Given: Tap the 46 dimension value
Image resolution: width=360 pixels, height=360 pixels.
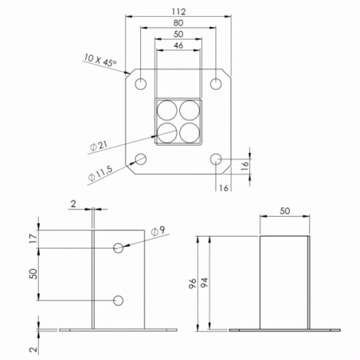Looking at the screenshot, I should [178, 46].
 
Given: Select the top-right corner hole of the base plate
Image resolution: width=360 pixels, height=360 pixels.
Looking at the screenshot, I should [215, 84].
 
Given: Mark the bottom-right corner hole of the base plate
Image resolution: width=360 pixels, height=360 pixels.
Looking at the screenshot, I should [215, 158].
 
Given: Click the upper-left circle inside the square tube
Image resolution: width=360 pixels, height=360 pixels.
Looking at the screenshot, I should [167, 111].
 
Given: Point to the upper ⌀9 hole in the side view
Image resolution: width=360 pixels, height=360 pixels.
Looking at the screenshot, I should [119, 248].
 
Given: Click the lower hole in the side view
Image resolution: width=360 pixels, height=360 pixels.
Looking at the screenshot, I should [119, 299].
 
